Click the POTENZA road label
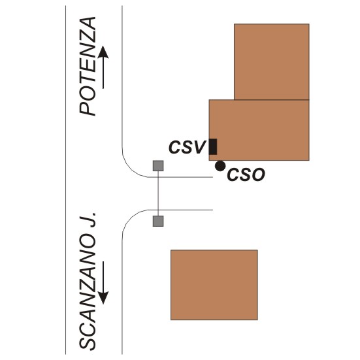pos(88,66)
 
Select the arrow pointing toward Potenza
pos(103,67)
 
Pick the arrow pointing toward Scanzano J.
pos(103,282)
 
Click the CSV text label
pos(186,147)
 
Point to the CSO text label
pos(246,174)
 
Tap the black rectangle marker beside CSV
pos(213,147)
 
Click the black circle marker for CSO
pos(220,166)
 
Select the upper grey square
pos(158,166)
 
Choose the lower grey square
pos(158,221)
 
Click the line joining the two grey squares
pos(158,193)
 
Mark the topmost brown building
pos(272,62)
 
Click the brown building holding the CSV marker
pos(259,130)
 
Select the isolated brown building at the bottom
pos(214,285)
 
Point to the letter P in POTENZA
pos(88,108)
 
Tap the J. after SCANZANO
pos(88,220)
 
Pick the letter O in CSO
pos(258,174)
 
